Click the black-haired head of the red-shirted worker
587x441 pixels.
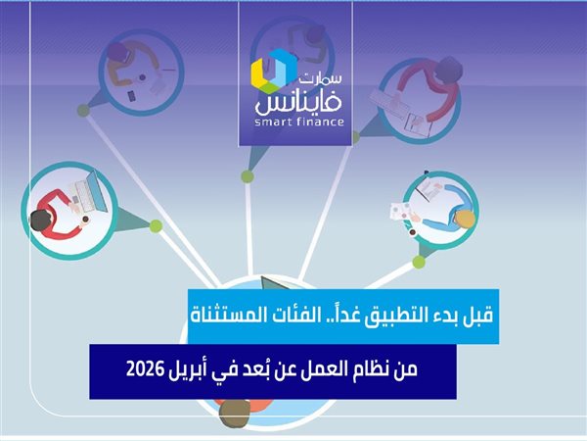click(x=41, y=221)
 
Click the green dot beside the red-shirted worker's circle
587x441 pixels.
click(x=156, y=226)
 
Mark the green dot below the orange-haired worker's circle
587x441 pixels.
click(x=419, y=262)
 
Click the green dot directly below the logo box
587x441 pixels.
click(x=248, y=176)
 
